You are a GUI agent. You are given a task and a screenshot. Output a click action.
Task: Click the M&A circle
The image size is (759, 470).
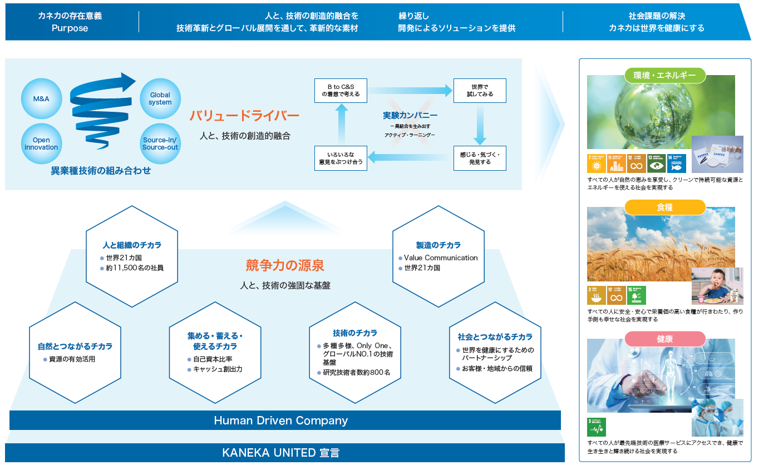pyautogui.click(x=41, y=98)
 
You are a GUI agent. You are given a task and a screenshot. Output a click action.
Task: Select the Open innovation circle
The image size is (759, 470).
pyautogui.click(x=41, y=144)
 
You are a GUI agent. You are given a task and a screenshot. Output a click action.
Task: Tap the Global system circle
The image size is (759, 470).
pyautogui.click(x=160, y=98)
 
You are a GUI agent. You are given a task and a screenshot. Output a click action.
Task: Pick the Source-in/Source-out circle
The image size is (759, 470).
pyautogui.click(x=160, y=144)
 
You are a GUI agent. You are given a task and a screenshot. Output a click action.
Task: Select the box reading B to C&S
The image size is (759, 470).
pyautogui.click(x=341, y=91)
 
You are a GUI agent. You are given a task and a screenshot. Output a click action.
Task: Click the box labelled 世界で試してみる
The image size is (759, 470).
pyautogui.click(x=480, y=91)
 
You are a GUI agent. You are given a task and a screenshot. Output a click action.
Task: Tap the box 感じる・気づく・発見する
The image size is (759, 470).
pyautogui.click(x=480, y=158)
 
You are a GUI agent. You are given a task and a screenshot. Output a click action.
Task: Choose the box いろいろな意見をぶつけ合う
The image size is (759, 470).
pyautogui.click(x=341, y=158)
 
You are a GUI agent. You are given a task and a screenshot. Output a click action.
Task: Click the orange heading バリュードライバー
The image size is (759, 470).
pyautogui.click(x=244, y=116)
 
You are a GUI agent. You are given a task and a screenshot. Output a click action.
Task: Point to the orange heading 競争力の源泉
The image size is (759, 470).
pyautogui.click(x=285, y=265)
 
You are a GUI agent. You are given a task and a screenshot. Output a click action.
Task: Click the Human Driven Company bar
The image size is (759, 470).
pyautogui.click(x=284, y=420)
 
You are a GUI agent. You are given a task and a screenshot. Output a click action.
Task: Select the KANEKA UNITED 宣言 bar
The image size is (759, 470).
pyautogui.click(x=284, y=453)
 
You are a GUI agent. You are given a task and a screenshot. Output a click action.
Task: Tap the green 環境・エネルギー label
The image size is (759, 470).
pyautogui.click(x=665, y=75)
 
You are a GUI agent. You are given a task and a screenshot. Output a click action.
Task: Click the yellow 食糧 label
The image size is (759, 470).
pyautogui.click(x=665, y=207)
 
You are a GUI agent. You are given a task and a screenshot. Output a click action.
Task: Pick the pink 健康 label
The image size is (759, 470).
pyautogui.click(x=665, y=339)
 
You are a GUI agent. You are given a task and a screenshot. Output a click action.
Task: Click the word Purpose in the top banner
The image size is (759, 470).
pyautogui.click(x=70, y=28)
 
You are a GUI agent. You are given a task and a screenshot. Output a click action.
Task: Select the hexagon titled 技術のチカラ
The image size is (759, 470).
pyautogui.click(x=355, y=352)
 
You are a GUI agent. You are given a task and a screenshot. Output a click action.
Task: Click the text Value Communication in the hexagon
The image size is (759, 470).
pyautogui.click(x=441, y=258)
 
